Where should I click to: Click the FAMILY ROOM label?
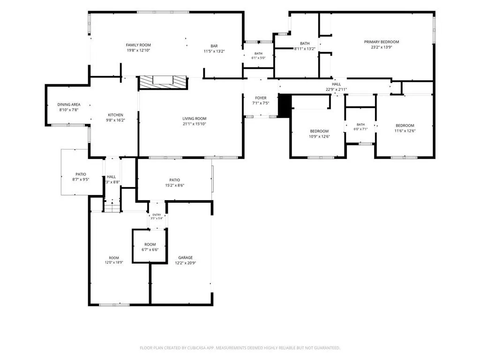(138, 45)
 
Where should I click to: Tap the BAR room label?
(214, 46)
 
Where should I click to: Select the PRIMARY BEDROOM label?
(382, 42)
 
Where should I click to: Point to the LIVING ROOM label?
(195, 119)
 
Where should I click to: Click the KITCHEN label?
(115, 115)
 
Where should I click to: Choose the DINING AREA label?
(69, 105)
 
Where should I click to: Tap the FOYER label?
(261, 98)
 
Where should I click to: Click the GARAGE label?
(186, 258)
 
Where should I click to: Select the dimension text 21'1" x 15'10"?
(195, 124)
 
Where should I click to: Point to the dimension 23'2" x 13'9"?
(382, 47)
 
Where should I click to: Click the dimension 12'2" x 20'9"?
(186, 263)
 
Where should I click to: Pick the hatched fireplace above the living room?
(163, 82)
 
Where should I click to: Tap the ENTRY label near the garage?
(157, 215)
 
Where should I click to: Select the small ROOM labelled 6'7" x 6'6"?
(150, 245)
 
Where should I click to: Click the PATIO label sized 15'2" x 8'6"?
(175, 180)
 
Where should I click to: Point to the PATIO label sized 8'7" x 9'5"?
(81, 174)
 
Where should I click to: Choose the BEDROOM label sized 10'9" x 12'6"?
(319, 131)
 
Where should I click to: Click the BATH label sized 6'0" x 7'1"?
(360, 125)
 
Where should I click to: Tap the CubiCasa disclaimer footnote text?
(240, 348)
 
